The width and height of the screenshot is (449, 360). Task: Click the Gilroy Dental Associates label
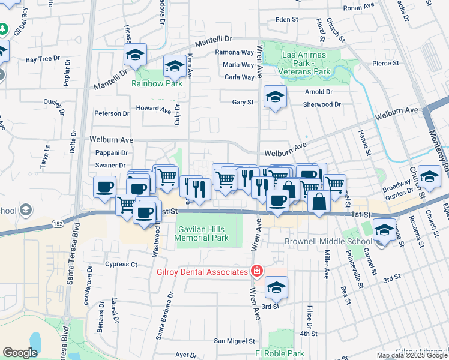(202, 272)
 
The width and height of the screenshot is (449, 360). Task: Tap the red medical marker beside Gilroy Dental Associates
(256, 272)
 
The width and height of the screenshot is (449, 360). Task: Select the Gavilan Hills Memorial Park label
(202, 233)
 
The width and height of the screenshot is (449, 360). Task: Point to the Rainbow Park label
(157, 83)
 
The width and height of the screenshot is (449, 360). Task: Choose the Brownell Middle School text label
(328, 242)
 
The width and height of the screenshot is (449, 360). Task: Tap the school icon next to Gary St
(275, 97)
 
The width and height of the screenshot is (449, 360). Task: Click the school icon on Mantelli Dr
(136, 55)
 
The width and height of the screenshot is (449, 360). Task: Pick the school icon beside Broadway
(429, 176)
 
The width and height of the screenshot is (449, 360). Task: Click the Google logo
(20, 353)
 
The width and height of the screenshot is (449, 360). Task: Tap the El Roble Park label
(280, 354)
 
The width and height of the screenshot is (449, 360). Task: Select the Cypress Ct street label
(121, 264)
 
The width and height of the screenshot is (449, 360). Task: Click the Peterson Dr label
(112, 113)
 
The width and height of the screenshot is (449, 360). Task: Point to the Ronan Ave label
(358, 8)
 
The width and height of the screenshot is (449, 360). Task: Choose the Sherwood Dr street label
(322, 104)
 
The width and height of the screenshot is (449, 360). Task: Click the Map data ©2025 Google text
(412, 355)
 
